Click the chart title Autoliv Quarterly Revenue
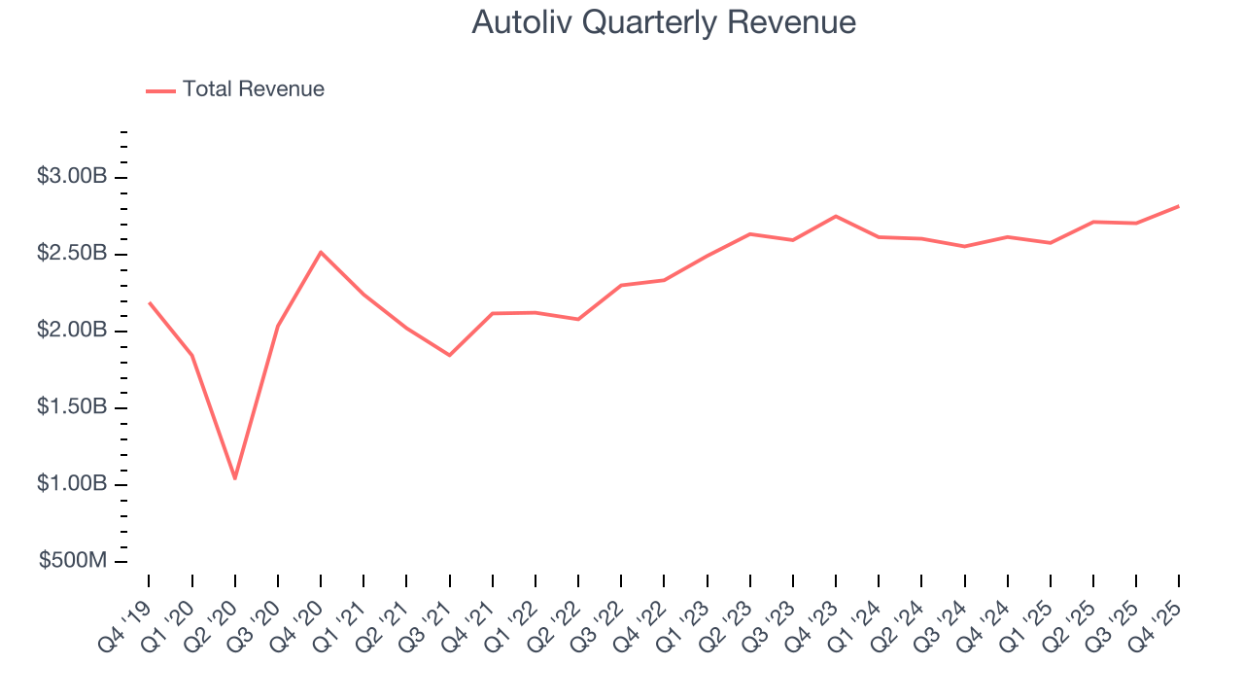click(664, 22)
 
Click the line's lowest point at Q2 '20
click(235, 478)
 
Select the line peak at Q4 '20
click(321, 252)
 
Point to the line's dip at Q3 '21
click(449, 355)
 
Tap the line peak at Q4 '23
click(836, 216)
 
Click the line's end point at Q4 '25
click(1179, 206)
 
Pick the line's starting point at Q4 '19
click(150, 303)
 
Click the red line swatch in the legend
click(160, 90)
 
